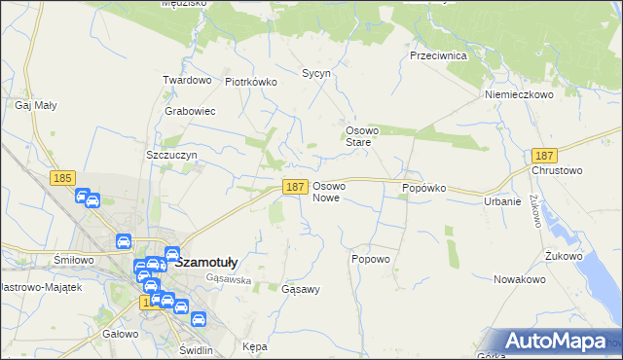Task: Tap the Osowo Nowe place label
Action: click(x=328, y=192)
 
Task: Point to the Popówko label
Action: click(x=423, y=187)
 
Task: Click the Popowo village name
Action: click(x=370, y=259)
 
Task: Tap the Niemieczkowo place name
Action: click(x=519, y=94)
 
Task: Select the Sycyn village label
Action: click(x=316, y=73)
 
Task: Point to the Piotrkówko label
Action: click(x=251, y=83)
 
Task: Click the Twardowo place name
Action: click(x=187, y=80)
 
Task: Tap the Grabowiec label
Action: click(x=190, y=111)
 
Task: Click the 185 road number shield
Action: click(x=63, y=177)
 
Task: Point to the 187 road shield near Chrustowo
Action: click(x=545, y=156)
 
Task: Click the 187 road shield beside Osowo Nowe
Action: click(x=296, y=186)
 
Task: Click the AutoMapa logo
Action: click(x=555, y=342)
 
